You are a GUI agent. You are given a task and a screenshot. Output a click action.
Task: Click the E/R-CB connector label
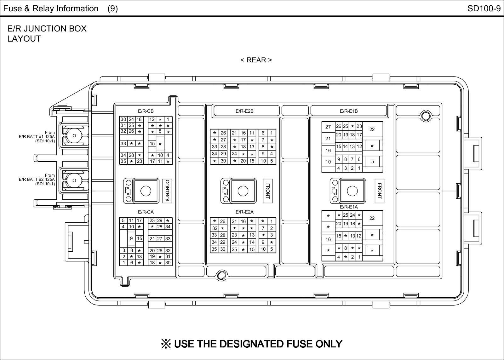[x=146, y=111]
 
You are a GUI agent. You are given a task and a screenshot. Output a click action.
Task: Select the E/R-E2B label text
[x=244, y=111]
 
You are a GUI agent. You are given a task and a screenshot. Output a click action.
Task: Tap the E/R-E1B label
[x=349, y=111]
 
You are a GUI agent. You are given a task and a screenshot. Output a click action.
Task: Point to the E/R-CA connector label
[x=146, y=212]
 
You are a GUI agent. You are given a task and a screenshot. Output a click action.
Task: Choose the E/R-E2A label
[x=244, y=212]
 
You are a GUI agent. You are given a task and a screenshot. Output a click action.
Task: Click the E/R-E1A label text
[x=349, y=207]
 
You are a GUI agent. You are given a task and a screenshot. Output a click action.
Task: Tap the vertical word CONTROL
[x=167, y=191]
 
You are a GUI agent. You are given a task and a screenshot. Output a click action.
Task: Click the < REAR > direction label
[x=256, y=60]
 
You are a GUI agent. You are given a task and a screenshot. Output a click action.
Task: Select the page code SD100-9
[x=484, y=9]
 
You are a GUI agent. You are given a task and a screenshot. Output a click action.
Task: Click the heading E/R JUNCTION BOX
[x=47, y=29]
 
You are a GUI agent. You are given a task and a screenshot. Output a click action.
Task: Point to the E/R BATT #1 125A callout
[x=37, y=137]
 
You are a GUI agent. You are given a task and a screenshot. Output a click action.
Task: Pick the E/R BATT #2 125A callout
[x=37, y=180]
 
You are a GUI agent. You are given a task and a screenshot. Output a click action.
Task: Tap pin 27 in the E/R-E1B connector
[x=328, y=127]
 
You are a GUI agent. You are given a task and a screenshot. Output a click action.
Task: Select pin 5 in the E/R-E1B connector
[x=372, y=162]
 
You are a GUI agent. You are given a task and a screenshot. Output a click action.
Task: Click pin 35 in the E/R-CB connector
[x=123, y=161]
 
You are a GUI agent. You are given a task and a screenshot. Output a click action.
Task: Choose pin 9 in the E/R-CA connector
[x=131, y=238]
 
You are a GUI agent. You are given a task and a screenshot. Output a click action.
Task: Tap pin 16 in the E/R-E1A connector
[x=328, y=239]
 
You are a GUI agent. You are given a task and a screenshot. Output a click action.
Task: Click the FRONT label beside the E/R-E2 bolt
[x=267, y=191]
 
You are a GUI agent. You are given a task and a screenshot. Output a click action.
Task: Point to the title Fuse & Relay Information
[x=51, y=9]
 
